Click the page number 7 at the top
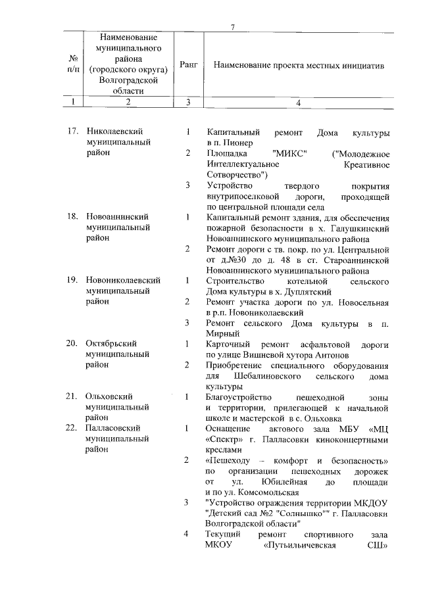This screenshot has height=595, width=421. pyautogui.click(x=232, y=26)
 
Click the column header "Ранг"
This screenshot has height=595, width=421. pyautogui.click(x=188, y=66)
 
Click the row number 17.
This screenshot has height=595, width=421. pyautogui.click(x=74, y=132)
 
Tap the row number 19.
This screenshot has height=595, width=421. pyautogui.click(x=74, y=280)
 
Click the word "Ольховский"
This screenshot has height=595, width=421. pyautogui.click(x=110, y=396)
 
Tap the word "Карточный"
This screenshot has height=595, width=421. pyautogui.click(x=228, y=343)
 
